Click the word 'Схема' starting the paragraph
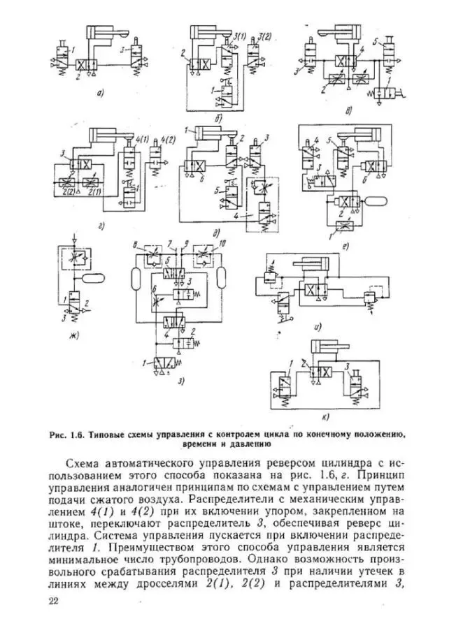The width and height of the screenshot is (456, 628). (x=85, y=463)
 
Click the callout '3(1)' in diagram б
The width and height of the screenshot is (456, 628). (x=241, y=36)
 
